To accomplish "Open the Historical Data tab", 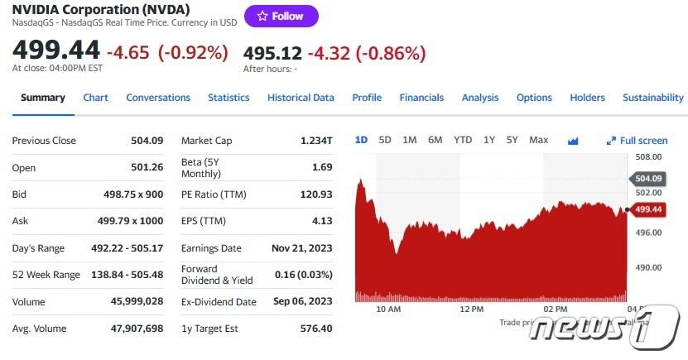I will pyautogui.click(x=301, y=98).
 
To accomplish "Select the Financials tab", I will pyautogui.click(x=421, y=98).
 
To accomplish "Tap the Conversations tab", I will pyautogui.click(x=158, y=98).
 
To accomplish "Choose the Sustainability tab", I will pyautogui.click(x=652, y=98).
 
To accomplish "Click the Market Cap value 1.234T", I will pyautogui.click(x=316, y=141).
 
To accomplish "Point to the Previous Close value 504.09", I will pyautogui.click(x=147, y=141).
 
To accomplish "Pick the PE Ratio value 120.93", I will pyautogui.click(x=315, y=194).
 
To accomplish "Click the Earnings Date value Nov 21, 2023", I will pyautogui.click(x=301, y=248).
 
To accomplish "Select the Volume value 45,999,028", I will pyautogui.click(x=137, y=302).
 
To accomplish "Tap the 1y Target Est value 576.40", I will pyautogui.click(x=315, y=329).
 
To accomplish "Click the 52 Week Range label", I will pyautogui.click(x=46, y=275).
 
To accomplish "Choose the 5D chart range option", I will pyautogui.click(x=385, y=140).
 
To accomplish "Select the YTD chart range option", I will pyautogui.click(x=463, y=140).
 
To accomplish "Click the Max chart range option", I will pyautogui.click(x=538, y=140).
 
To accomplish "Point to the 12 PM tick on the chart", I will pyautogui.click(x=471, y=309).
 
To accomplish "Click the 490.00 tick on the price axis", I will pyautogui.click(x=647, y=267).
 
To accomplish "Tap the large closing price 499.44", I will pyautogui.click(x=55, y=50).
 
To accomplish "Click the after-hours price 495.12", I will pyautogui.click(x=272, y=53).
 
